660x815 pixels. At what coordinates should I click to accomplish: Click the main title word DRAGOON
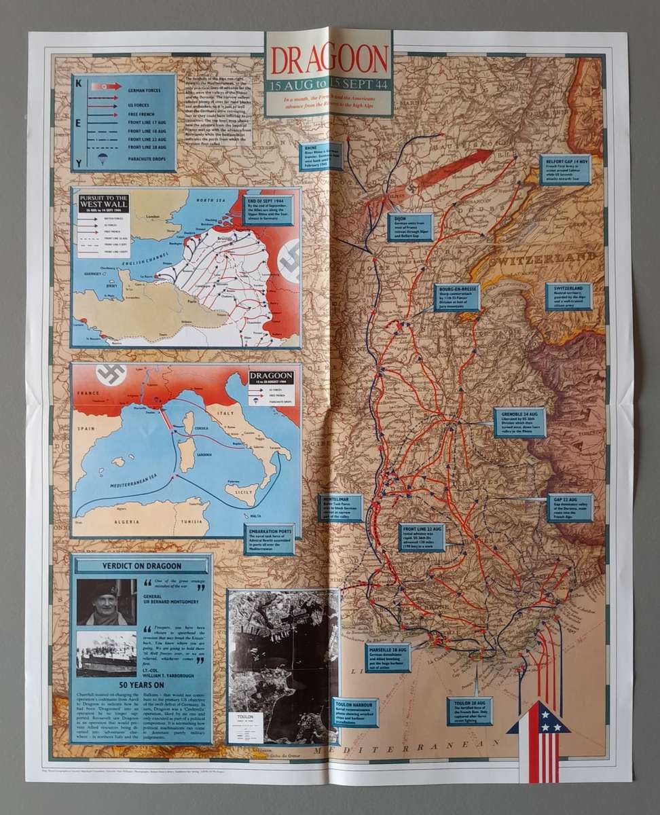(x=329, y=62)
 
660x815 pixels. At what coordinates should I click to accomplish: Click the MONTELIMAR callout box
(x=340, y=507)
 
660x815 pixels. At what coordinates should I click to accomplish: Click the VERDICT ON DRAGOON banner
(x=141, y=567)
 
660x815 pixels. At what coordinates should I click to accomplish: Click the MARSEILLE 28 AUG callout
(x=388, y=657)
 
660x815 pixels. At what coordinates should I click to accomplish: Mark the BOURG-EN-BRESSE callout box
(x=456, y=297)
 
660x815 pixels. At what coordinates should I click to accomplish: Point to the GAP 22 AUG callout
(x=570, y=507)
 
